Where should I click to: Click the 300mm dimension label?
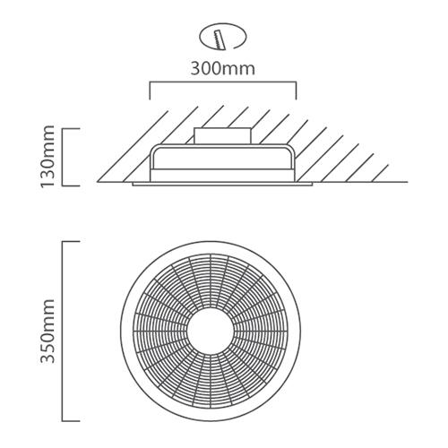(x=223, y=69)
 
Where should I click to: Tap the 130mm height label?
(x=47, y=157)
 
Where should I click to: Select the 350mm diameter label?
(x=47, y=331)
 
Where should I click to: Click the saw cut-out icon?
(x=223, y=38)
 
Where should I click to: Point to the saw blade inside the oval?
(x=219, y=39)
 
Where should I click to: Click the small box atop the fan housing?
(x=222, y=136)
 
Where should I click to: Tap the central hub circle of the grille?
(x=211, y=331)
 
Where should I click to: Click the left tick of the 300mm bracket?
(x=150, y=90)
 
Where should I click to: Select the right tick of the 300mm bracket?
(x=296, y=90)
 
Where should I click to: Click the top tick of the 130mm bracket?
(x=72, y=129)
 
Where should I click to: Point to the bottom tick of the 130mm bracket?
(x=72, y=185)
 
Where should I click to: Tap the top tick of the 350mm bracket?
(x=72, y=242)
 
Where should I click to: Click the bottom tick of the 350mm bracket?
(x=72, y=421)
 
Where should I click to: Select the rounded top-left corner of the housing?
(x=153, y=148)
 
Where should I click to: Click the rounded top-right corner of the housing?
(x=292, y=148)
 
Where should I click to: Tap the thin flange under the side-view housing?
(x=222, y=184)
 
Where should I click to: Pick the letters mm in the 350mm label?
(x=47, y=311)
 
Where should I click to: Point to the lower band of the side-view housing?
(x=223, y=176)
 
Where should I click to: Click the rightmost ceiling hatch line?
(x=379, y=173)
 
